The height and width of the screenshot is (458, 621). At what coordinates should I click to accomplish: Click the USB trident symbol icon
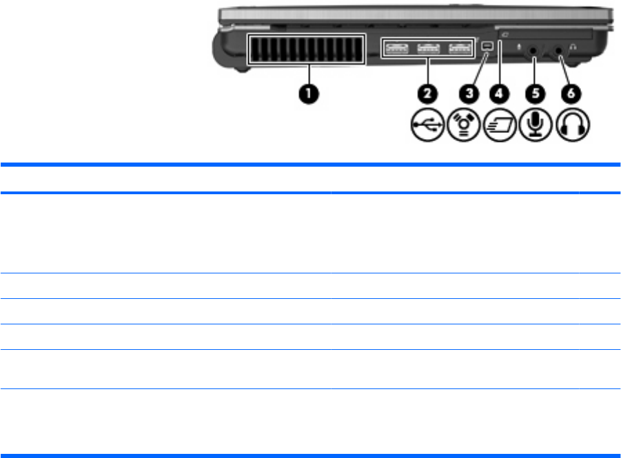point(422,127)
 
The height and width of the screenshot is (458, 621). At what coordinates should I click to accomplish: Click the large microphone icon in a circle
point(535,127)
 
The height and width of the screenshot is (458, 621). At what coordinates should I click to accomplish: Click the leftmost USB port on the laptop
point(398,48)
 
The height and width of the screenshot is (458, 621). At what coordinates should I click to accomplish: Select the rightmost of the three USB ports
point(458,48)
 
